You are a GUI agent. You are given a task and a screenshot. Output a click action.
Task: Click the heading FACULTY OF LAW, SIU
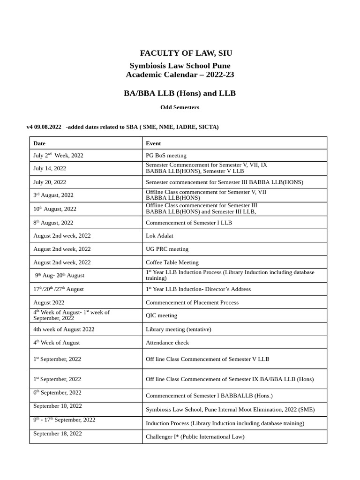(x=186, y=53)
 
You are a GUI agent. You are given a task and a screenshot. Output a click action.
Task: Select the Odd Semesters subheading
(x=180, y=107)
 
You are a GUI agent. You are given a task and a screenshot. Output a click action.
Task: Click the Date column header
(x=39, y=143)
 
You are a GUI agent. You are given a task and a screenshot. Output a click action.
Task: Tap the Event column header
(x=153, y=143)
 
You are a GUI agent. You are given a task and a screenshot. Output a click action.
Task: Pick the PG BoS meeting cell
(x=166, y=156)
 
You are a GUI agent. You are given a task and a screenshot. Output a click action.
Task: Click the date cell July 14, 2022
(x=50, y=169)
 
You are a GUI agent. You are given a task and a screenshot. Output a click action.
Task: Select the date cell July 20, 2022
(x=50, y=182)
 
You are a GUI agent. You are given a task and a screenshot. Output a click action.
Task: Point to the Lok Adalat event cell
(x=159, y=236)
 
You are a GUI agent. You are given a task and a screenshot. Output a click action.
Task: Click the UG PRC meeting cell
(x=167, y=249)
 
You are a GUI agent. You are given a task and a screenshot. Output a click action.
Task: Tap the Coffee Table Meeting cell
(x=172, y=262)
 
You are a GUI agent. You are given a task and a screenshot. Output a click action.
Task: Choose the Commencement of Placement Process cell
(x=192, y=302)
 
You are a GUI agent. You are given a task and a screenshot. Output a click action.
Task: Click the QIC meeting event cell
(x=161, y=315)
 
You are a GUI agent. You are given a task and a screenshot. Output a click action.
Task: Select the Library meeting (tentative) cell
(x=179, y=330)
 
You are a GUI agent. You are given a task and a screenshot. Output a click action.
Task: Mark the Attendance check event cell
(x=167, y=343)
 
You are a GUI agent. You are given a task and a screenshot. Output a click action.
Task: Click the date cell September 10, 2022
(x=58, y=406)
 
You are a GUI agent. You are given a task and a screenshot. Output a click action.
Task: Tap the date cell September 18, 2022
(x=58, y=434)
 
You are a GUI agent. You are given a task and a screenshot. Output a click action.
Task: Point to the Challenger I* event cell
(x=195, y=437)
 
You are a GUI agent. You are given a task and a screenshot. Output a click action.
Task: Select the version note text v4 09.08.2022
(x=44, y=127)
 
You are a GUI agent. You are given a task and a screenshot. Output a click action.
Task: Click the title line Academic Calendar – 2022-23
(x=180, y=75)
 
